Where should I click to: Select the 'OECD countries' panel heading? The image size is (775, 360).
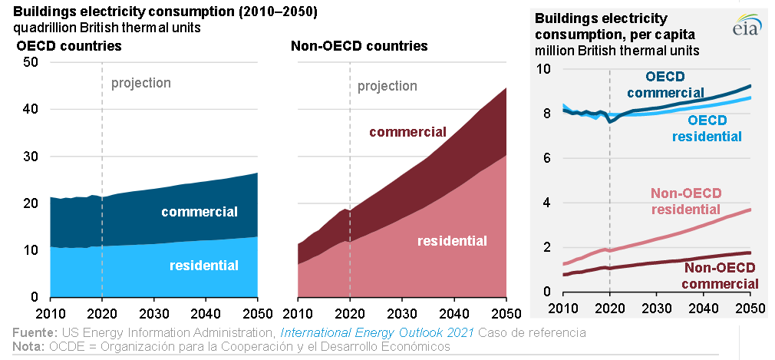pyautogui.click(x=69, y=46)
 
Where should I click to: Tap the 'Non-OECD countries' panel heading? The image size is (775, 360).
pyautogui.click(x=359, y=46)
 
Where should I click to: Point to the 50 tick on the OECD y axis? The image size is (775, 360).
pyautogui.click(x=31, y=62)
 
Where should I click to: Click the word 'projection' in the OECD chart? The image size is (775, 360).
pyautogui.click(x=141, y=83)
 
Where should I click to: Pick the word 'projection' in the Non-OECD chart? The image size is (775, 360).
pyautogui.click(x=387, y=86)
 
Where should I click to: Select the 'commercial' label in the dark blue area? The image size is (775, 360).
pyautogui.click(x=200, y=212)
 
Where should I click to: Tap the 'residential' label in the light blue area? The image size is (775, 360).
pyautogui.click(x=203, y=266)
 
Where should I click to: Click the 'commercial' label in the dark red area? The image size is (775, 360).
pyautogui.click(x=407, y=132)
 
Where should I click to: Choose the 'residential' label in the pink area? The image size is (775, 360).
pyautogui.click(x=452, y=241)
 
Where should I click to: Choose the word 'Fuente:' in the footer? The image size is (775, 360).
pyautogui.click(x=34, y=333)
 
